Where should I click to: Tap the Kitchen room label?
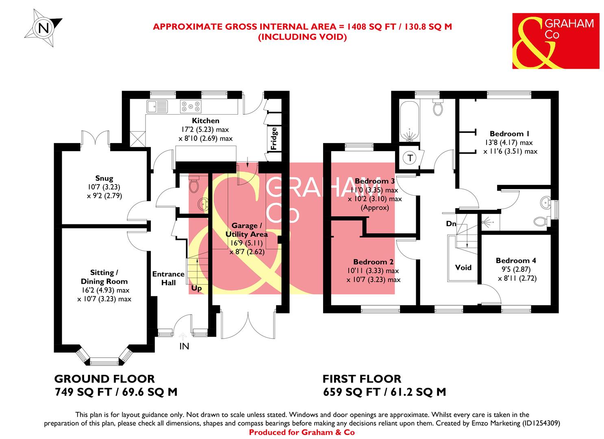(205, 121)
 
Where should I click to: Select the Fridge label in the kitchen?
(274, 139)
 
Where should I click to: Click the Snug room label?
(104, 178)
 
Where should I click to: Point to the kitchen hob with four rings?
(191, 106)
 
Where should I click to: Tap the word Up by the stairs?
(197, 288)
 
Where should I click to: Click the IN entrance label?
(184, 346)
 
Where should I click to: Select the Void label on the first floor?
(463, 267)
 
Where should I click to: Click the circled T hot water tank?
(410, 158)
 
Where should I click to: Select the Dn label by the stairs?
(451, 224)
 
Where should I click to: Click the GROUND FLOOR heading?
(104, 379)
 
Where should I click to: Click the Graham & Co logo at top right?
(555, 41)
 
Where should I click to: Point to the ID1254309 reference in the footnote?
(541, 423)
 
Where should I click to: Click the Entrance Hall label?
(168, 278)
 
